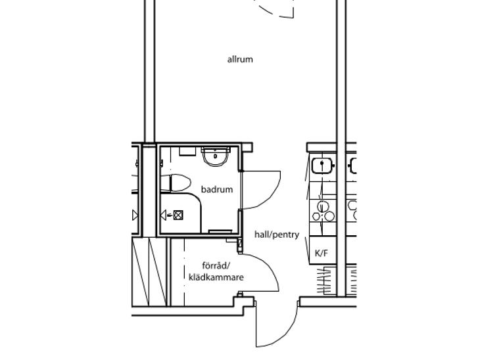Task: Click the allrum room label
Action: coord(240,59)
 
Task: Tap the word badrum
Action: coord(217,189)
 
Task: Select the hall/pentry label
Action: coord(277,235)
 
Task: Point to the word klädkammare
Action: coord(216,277)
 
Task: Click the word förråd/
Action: coord(216,266)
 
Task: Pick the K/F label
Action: coord(322,254)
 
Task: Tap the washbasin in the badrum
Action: coord(215,156)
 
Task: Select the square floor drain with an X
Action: coord(178,215)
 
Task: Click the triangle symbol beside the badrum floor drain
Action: coord(164,215)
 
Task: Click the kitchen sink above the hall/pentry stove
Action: coord(323,166)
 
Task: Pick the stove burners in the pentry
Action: coord(324,211)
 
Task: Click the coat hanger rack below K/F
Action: coord(324,280)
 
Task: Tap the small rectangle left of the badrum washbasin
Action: coord(187,151)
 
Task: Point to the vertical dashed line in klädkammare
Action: coord(184,272)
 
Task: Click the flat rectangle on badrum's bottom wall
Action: coord(220,231)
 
